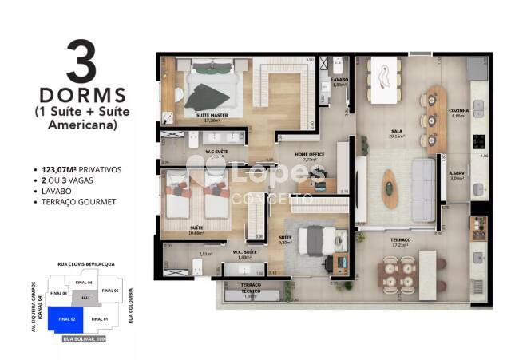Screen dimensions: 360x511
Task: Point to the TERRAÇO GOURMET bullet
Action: [x=77, y=203]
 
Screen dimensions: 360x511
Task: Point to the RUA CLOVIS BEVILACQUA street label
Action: [x=86, y=263]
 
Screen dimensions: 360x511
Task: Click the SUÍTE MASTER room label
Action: [x=209, y=115]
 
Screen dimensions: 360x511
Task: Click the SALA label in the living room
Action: [x=396, y=132]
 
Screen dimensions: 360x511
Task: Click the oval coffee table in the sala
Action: [x=390, y=188]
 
